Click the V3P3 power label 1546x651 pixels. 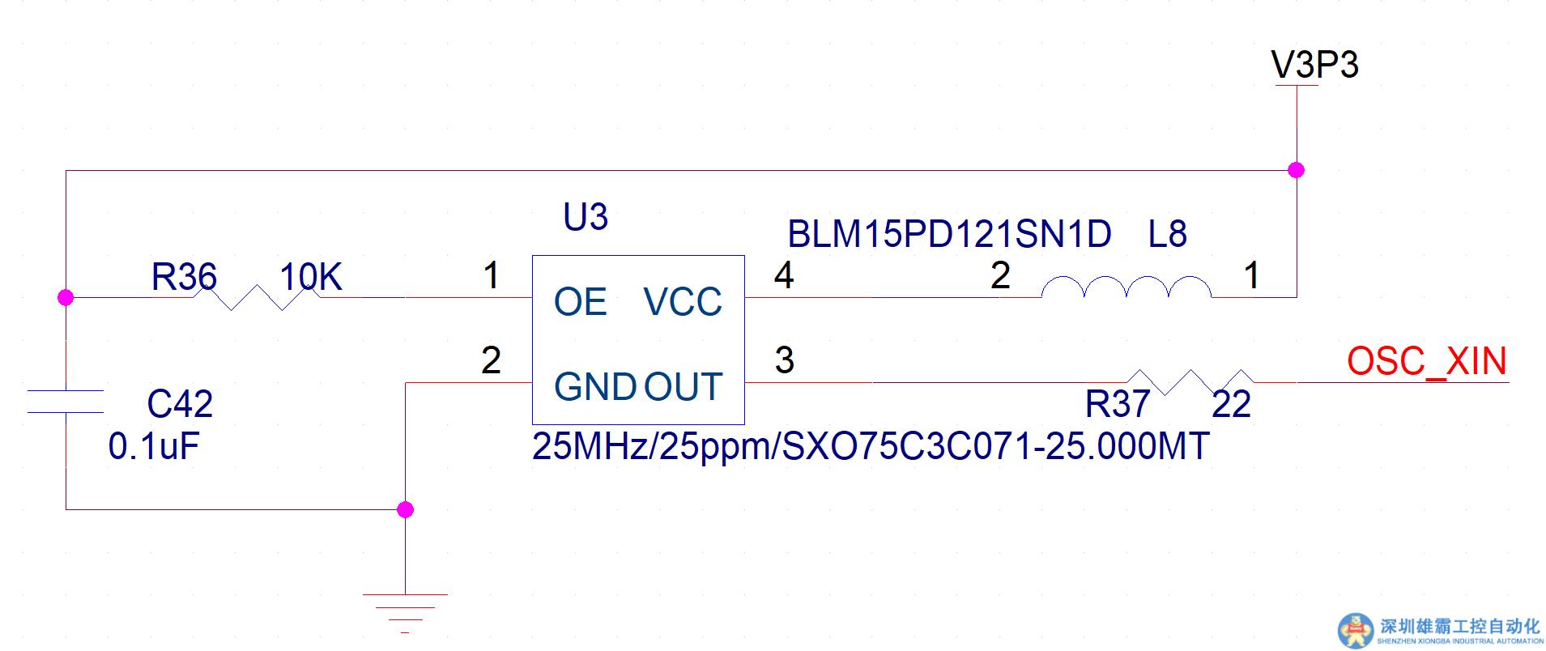coord(1314,65)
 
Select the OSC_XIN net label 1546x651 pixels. coord(1426,361)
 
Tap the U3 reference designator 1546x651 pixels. coord(585,217)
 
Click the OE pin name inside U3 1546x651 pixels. coord(580,302)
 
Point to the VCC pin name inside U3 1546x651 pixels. coord(683,302)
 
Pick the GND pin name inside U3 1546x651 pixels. coord(594,386)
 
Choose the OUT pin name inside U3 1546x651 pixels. coord(683,386)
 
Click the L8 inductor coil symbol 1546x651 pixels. coord(1126,288)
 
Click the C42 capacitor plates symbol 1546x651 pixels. coord(66,402)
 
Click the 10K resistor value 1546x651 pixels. coord(310,277)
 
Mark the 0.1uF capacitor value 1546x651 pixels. coord(154,446)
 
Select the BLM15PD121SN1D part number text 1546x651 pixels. coord(949,235)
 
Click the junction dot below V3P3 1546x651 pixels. coord(1296,170)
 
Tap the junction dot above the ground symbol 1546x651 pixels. coord(406,509)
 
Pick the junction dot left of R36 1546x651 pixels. coord(66,297)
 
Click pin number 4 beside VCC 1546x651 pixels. coord(783,275)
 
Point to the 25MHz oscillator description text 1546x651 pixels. coord(871,446)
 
